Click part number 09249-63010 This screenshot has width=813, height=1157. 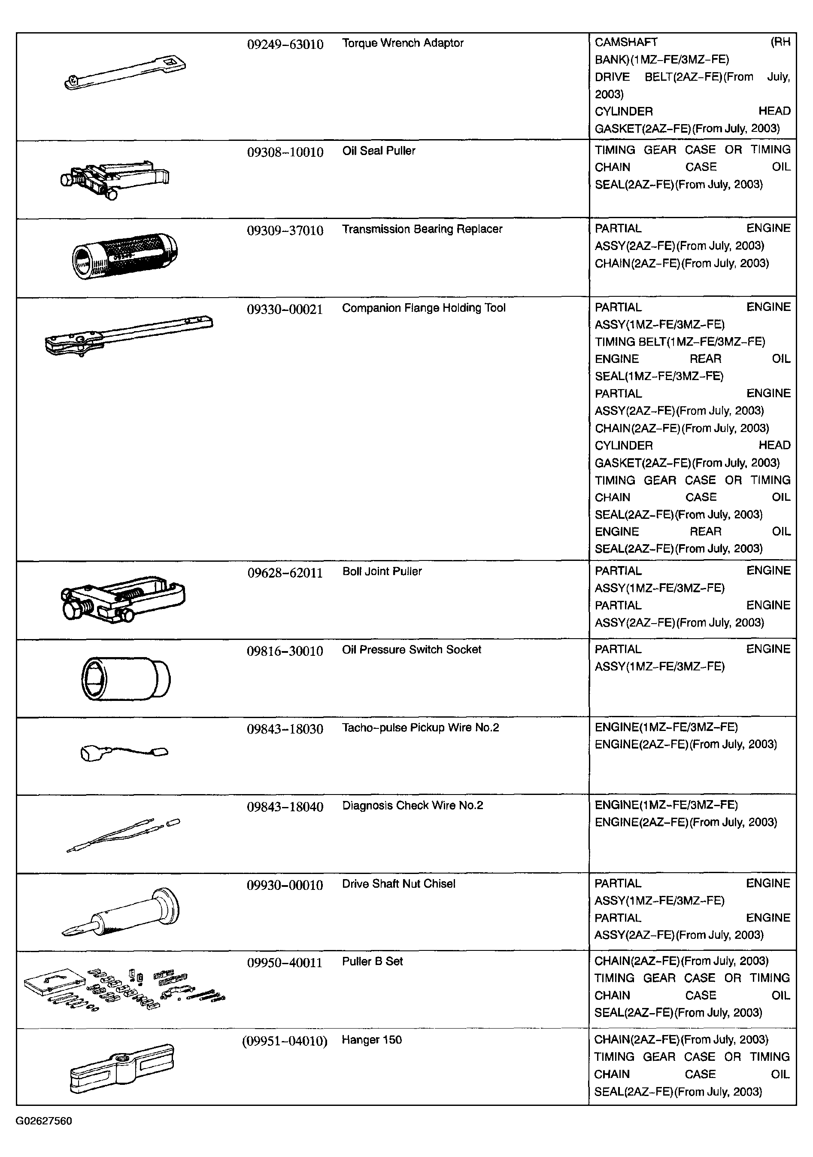tap(285, 44)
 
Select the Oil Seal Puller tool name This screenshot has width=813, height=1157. tap(378, 151)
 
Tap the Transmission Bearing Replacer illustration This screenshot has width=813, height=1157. tap(125, 256)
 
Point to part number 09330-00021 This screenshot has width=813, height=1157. tap(285, 309)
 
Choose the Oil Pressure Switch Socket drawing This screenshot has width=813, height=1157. tap(126, 678)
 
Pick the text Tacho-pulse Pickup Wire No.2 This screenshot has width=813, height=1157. tap(420, 728)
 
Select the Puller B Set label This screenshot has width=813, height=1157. tap(372, 961)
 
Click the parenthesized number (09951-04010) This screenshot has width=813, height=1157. tap(285, 1041)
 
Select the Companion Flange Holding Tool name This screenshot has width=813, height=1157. tap(423, 308)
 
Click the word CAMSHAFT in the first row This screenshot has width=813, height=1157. tap(625, 43)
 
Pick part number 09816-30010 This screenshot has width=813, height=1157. tap(285, 651)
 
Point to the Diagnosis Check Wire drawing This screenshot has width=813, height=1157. tap(124, 835)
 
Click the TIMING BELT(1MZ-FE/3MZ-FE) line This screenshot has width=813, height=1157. tap(680, 342)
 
